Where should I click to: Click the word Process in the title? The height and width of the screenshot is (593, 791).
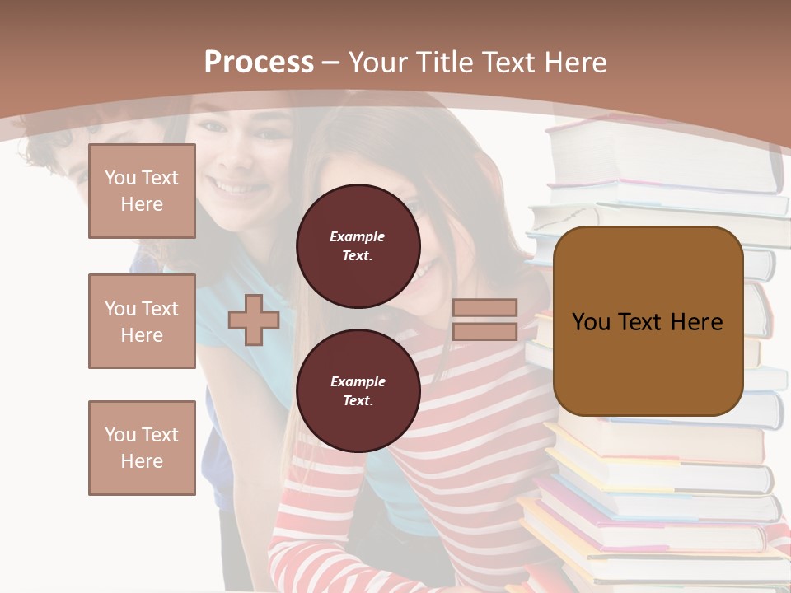[259, 63]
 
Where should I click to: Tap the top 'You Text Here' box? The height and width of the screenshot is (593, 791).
[142, 191]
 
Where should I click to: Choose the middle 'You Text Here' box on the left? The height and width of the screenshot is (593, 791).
[142, 321]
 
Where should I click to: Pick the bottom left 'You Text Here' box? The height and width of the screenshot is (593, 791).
[142, 448]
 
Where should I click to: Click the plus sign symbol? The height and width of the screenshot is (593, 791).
[254, 320]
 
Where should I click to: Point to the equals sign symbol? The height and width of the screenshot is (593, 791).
[484, 320]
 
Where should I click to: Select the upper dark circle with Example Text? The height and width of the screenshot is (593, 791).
[358, 245]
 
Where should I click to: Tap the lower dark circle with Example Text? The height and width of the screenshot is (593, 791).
[358, 390]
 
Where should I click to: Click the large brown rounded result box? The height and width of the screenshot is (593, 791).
[648, 321]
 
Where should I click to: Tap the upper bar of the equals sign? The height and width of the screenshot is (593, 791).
[484, 308]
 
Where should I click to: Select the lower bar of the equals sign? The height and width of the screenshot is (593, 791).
[484, 331]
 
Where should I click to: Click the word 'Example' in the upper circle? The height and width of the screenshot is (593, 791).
[358, 236]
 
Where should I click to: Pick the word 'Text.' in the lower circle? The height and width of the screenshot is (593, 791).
[358, 400]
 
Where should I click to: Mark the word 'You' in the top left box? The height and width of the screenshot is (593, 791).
[120, 178]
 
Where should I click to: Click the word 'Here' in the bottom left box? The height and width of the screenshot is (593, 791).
[142, 461]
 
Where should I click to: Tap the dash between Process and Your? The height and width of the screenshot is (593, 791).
[330, 63]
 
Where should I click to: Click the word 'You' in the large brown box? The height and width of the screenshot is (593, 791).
[591, 321]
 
